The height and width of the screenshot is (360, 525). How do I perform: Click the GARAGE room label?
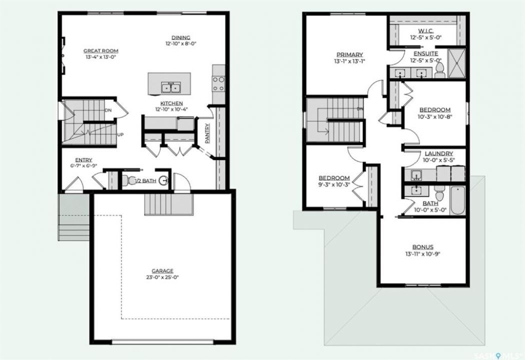coord(162,271)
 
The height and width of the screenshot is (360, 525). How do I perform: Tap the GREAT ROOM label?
coord(101,51)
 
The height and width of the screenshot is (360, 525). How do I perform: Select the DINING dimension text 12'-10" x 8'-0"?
coord(181,43)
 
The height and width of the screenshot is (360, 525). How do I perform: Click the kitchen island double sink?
coord(170,87)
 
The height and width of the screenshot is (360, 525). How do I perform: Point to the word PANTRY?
coord(207,133)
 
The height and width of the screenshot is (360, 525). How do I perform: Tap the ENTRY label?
coord(83,160)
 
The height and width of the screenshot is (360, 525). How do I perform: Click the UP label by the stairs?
coord(120,134)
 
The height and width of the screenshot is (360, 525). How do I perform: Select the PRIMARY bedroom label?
coord(349,54)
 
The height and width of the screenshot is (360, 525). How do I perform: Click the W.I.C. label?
coord(426,31)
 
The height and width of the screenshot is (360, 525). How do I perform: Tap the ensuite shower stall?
coord(456,63)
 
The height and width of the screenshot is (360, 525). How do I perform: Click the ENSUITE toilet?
coord(439,69)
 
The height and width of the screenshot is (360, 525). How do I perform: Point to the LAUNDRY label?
coord(438,153)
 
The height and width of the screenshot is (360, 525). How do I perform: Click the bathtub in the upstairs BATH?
coord(457,200)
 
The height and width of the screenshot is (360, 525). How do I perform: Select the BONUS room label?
coord(422,247)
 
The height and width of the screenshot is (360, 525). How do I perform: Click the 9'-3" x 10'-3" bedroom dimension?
coord(334,184)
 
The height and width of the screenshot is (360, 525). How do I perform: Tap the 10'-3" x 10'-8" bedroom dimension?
coord(434,116)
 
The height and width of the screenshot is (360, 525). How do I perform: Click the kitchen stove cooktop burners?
coord(218,83)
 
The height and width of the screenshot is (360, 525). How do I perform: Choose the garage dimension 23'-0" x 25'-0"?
coord(162,277)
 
